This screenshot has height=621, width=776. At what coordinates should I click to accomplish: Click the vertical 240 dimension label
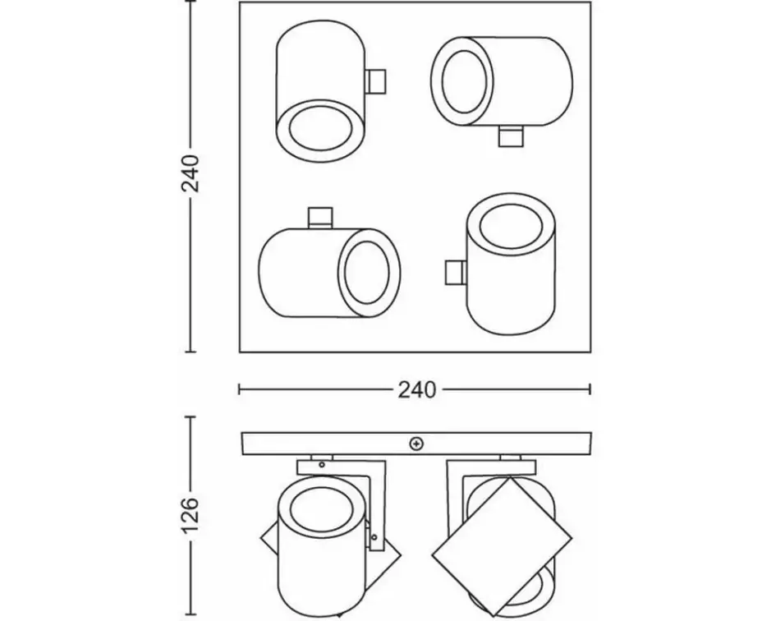point(191,173)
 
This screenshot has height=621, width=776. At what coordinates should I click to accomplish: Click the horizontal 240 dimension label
point(416,389)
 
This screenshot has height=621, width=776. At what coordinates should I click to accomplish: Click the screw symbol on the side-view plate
point(416,444)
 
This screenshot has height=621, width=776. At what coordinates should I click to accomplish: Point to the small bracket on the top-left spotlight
point(375,81)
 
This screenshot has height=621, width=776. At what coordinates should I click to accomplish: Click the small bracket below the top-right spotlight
point(510,136)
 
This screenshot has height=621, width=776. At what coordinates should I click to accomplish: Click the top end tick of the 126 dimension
point(191,417)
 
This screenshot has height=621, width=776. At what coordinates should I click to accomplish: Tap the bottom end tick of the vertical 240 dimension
point(191,352)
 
